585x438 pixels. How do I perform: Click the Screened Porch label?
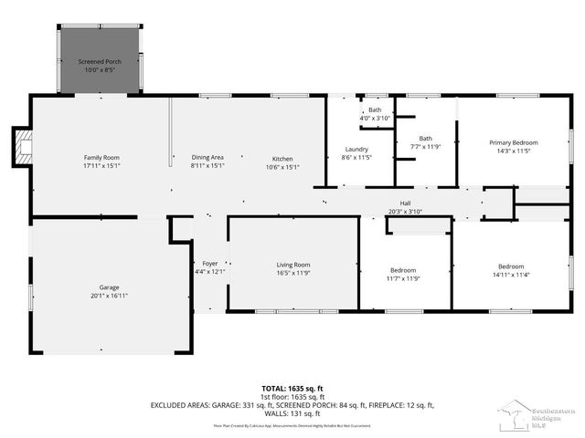coord(100,61)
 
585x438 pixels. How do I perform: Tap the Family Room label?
coord(101,157)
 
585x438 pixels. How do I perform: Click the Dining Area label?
coord(207,157)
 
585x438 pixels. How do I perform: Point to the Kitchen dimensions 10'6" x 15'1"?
coord(282,167)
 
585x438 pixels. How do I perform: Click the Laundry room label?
coord(356,149)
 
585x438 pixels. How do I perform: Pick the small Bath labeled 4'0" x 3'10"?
coord(375,114)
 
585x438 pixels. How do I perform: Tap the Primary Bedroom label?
coord(513,142)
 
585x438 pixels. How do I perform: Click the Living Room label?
coord(293,265)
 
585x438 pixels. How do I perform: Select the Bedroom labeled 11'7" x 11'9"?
coord(403,270)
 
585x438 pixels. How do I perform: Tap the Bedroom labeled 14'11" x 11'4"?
coord(510,266)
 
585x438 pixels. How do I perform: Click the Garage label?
coord(110,287)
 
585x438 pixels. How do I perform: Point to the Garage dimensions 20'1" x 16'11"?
coord(110,296)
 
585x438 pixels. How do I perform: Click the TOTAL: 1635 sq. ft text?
coord(292,388)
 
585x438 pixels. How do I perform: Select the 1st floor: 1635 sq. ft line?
coord(292,397)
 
